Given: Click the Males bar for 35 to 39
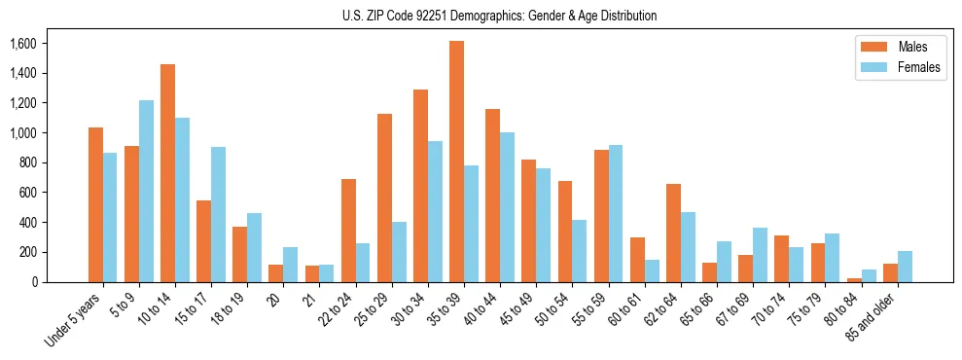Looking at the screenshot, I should coord(456,162).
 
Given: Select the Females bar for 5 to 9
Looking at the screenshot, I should coord(146,191).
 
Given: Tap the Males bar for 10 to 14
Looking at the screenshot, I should coord(167,173).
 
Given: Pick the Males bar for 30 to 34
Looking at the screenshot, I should coord(420,186).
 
